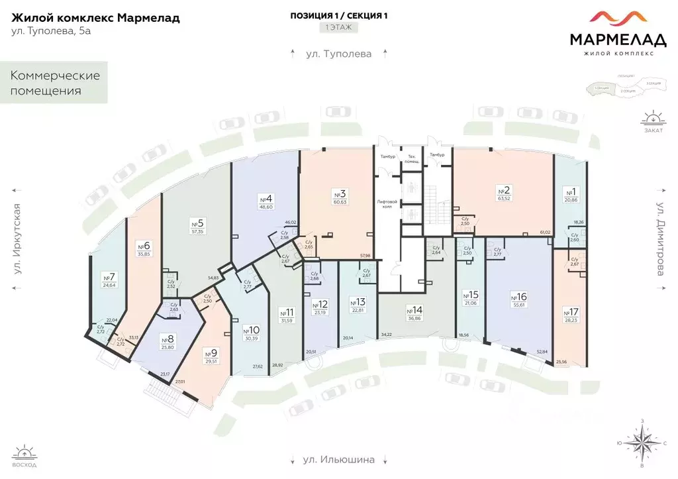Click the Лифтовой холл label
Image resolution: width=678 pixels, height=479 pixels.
tap(386, 203)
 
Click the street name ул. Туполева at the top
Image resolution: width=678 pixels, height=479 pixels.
tap(339, 54)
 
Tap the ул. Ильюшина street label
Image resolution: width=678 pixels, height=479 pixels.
tap(339, 459)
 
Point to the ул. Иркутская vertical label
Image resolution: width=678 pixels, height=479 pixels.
tap(18, 239)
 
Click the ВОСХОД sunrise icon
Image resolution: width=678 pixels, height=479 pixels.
tap(25, 456)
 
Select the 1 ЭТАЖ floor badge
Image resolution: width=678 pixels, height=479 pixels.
tap(339, 28)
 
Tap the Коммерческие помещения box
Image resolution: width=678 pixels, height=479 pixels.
tap(55, 83)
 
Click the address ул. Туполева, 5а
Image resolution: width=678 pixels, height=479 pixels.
tap(52, 32)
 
